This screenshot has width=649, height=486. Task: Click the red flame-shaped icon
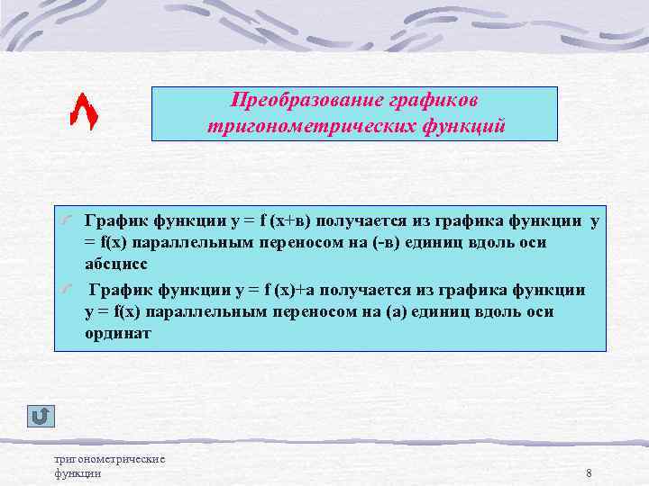coord(84,111)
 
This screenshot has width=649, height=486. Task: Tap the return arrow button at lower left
coord(41,416)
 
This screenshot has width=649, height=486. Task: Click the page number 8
coord(588,473)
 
